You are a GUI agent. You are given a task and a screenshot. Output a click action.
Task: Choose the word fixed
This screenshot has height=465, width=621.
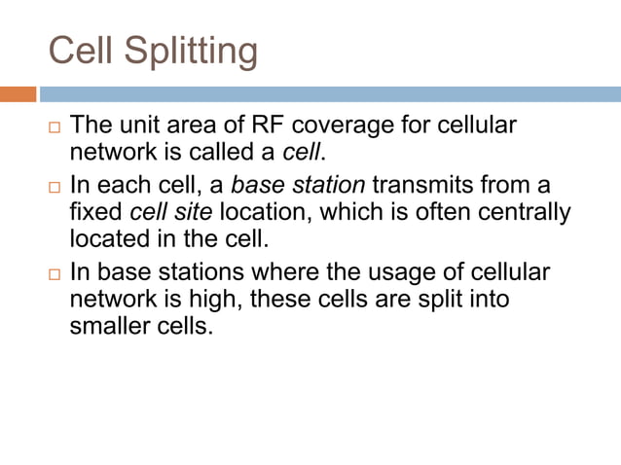pyautogui.click(x=96, y=210)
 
